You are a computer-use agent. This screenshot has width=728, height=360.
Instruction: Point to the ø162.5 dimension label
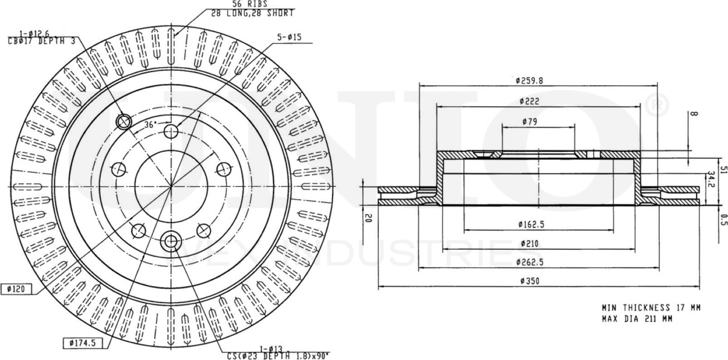pyautogui.click(x=531, y=224)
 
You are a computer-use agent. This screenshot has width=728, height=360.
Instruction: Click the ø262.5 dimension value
pyautogui.click(x=531, y=262)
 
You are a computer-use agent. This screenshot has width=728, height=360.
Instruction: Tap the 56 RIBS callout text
pyautogui.click(x=241, y=4)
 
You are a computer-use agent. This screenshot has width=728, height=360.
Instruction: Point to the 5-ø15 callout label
pyautogui.click(x=289, y=38)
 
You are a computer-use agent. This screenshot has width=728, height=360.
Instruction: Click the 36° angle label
pyautogui.click(x=151, y=125)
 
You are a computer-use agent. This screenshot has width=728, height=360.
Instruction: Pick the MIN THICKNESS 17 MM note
pyautogui.click(x=651, y=307)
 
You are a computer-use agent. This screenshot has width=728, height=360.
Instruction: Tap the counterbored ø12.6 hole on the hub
pyautogui.click(x=124, y=122)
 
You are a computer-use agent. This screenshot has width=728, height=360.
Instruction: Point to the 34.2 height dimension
pyautogui.click(x=712, y=180)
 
